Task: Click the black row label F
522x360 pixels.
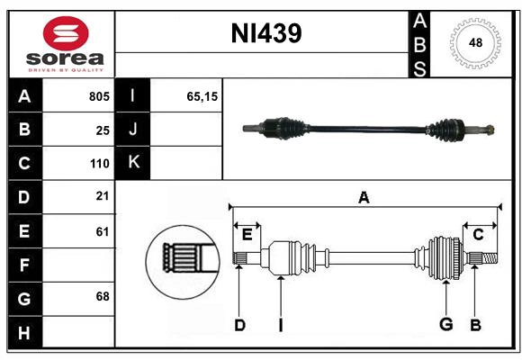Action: click(24, 265)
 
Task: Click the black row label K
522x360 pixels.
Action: click(133, 163)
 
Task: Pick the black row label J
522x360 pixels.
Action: click(133, 130)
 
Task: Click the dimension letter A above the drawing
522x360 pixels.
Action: click(364, 197)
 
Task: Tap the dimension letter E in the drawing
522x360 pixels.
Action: click(247, 235)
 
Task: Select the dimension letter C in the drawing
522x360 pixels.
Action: click(479, 235)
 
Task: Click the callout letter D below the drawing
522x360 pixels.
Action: click(239, 325)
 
